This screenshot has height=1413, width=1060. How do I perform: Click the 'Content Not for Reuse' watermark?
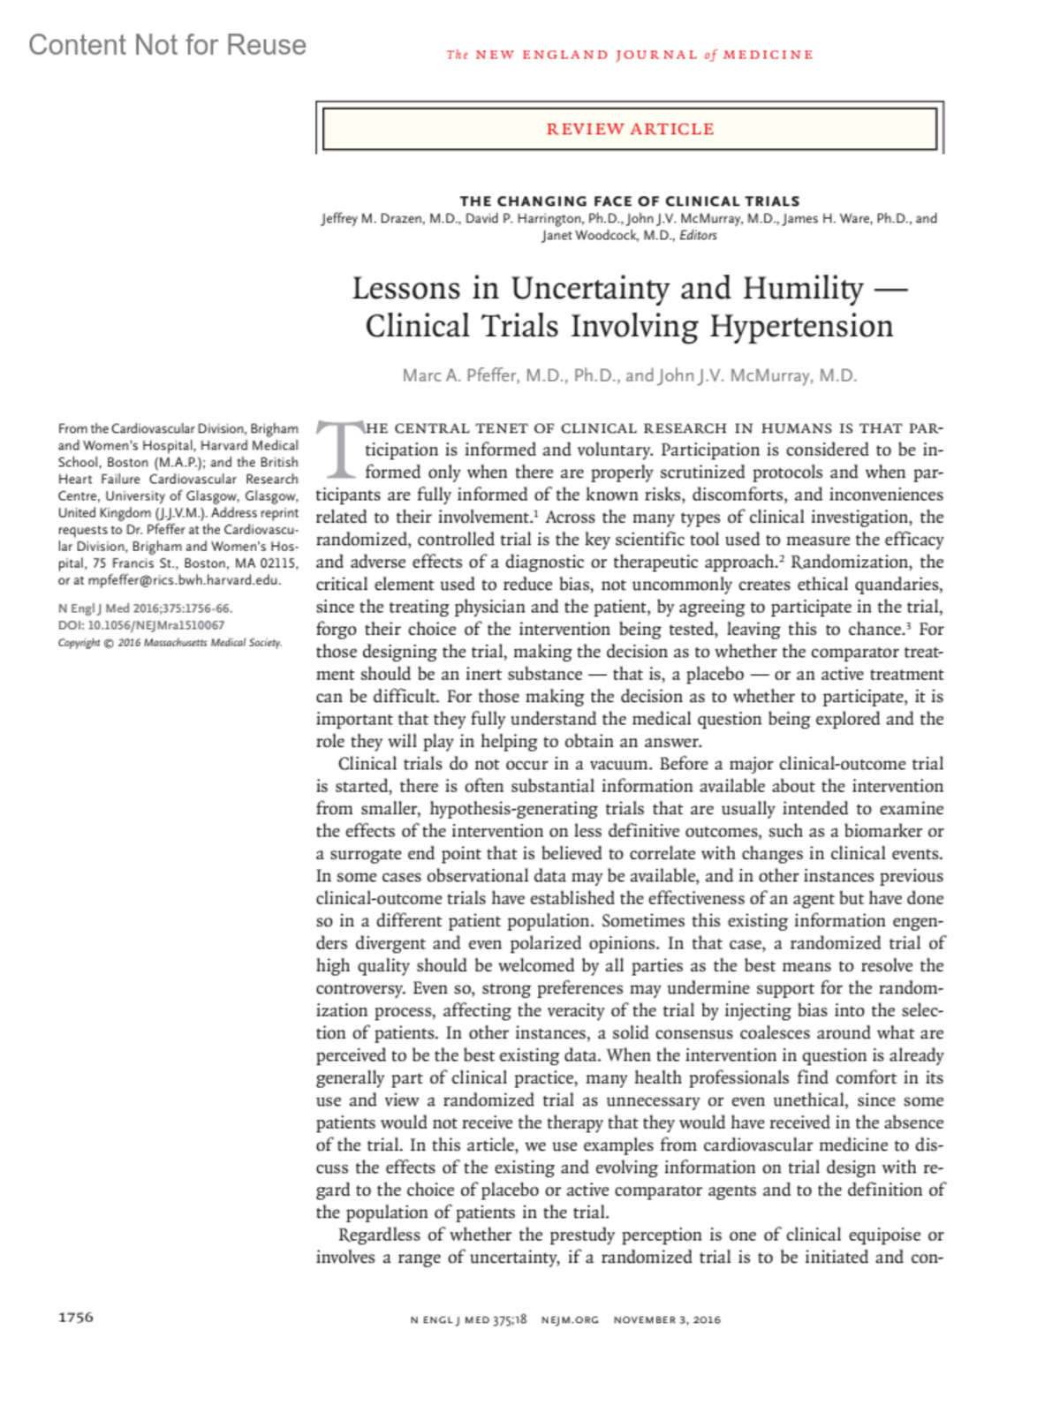pyautogui.click(x=167, y=45)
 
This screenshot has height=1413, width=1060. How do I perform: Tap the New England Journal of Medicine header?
pyautogui.click(x=629, y=55)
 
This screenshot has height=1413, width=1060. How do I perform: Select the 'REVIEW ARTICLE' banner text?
pyautogui.click(x=630, y=129)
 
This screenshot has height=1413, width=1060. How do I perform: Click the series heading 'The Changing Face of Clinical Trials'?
pyautogui.click(x=629, y=200)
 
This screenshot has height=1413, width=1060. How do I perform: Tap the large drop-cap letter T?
pyautogui.click(x=340, y=449)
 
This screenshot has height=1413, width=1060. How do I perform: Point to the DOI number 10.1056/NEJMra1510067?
pyautogui.click(x=155, y=625)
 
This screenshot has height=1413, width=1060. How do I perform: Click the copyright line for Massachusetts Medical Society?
pyautogui.click(x=170, y=642)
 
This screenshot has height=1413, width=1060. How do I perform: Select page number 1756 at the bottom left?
pyautogui.click(x=76, y=1317)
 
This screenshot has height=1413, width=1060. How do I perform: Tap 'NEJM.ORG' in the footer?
pyautogui.click(x=570, y=1319)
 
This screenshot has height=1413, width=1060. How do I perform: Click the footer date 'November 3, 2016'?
pyautogui.click(x=667, y=1319)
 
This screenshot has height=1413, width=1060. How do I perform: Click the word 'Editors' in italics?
pyautogui.click(x=698, y=236)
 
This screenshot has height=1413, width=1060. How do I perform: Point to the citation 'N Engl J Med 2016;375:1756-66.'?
pyautogui.click(x=145, y=608)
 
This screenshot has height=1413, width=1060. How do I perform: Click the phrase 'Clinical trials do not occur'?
pyautogui.click(x=437, y=764)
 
